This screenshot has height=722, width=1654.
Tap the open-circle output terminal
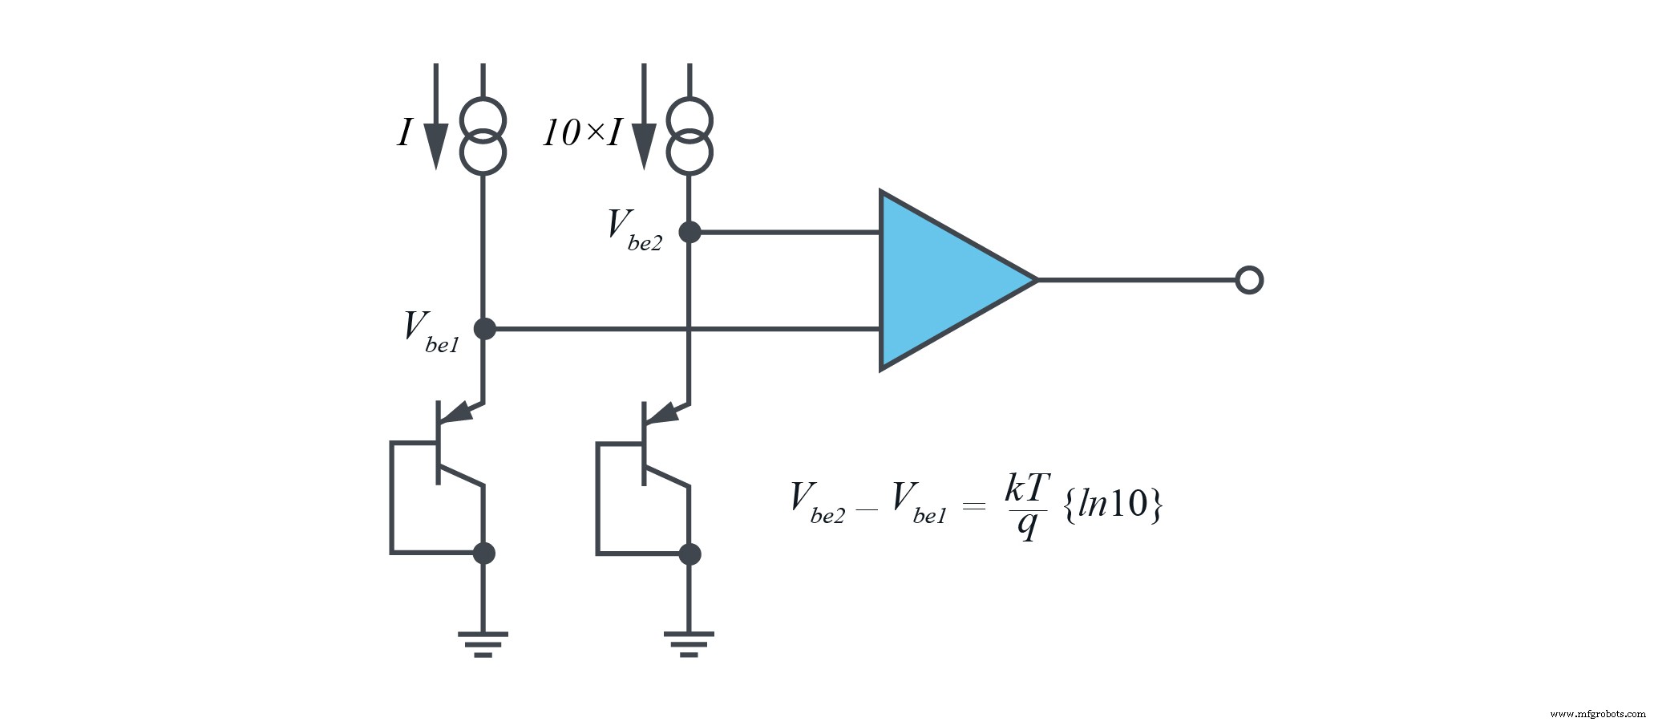click(1248, 280)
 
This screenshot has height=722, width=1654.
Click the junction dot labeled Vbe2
click(690, 232)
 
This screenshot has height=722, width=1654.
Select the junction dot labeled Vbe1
click(484, 328)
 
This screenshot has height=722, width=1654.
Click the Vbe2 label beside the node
click(634, 230)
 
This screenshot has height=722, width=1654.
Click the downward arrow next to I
click(435, 120)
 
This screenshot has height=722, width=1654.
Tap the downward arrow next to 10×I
click(643, 120)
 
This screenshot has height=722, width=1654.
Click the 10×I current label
click(582, 133)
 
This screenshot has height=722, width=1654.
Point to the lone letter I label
click(405, 133)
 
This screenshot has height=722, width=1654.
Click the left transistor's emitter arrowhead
click(459, 413)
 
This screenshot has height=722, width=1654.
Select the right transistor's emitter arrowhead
click(665, 413)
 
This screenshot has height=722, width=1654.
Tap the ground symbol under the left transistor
click(483, 643)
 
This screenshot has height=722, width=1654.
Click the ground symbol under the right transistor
click(689, 643)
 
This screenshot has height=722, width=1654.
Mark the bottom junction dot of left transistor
click(483, 553)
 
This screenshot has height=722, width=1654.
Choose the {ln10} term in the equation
click(1112, 505)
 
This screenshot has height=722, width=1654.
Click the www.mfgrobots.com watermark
click(1596, 713)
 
